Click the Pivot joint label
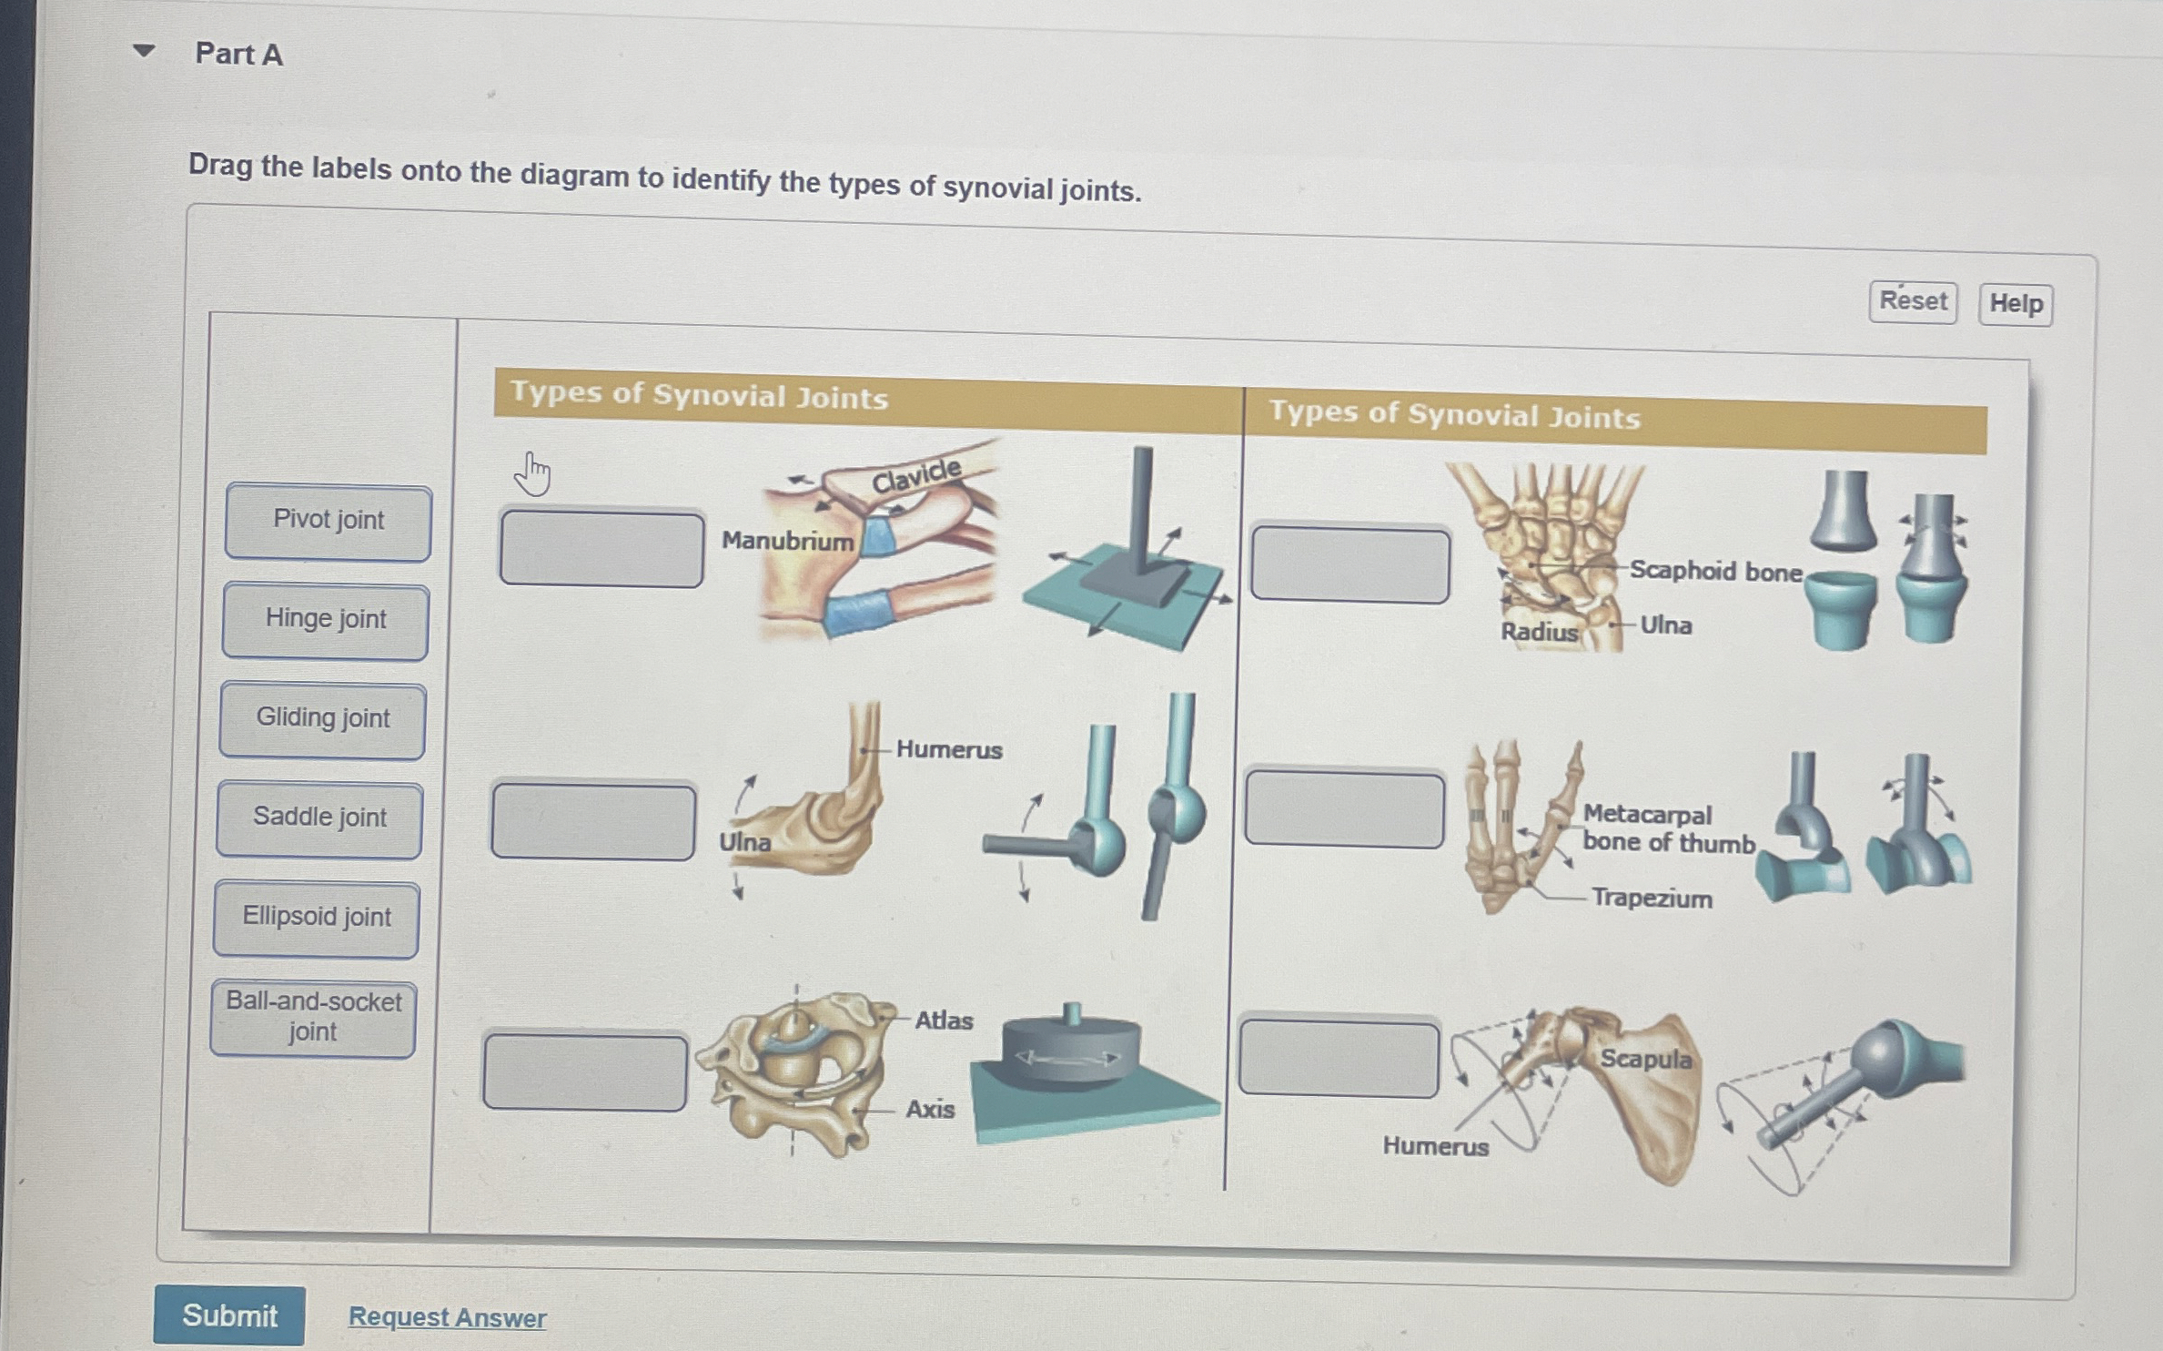[328, 522]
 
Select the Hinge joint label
[326, 621]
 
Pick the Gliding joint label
[323, 720]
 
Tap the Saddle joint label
[319, 819]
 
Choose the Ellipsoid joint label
[317, 919]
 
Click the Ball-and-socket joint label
[313, 1018]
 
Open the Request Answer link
[447, 1317]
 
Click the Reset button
[1913, 301]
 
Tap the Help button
[2016, 304]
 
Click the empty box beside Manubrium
[601, 549]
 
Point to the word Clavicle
[915, 475]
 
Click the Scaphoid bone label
[1715, 572]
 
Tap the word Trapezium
[1652, 899]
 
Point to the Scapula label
[1645, 1059]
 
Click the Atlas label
[944, 1021]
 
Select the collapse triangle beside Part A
[144, 51]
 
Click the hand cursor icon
[533, 474]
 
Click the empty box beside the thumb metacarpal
[1344, 809]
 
